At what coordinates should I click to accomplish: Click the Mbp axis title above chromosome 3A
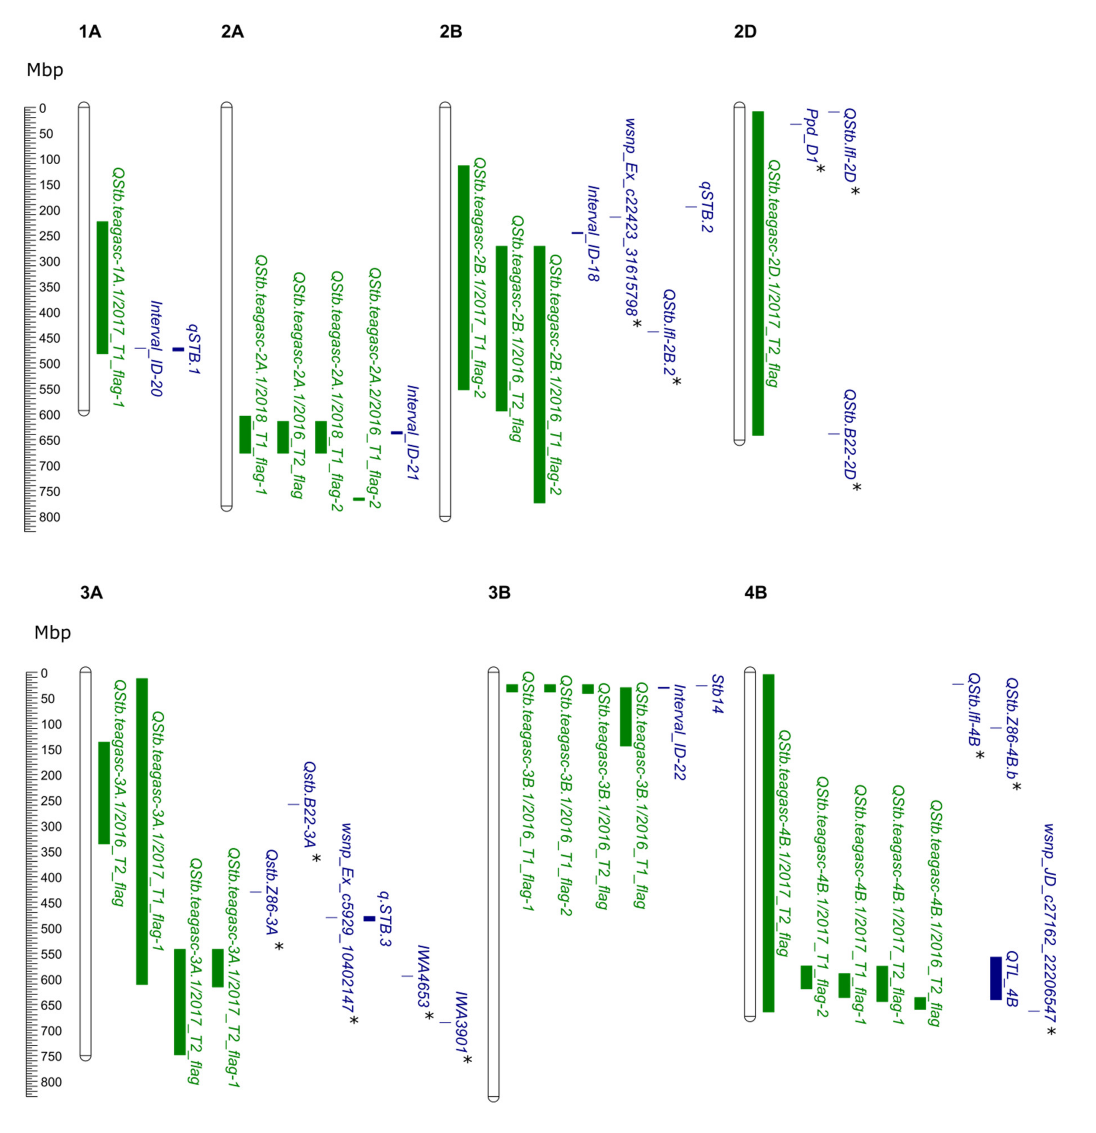pos(53,632)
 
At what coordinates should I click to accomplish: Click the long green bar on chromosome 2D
pos(757,273)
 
